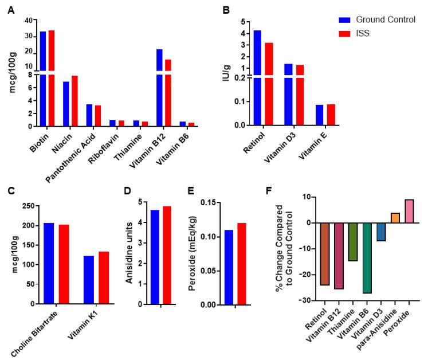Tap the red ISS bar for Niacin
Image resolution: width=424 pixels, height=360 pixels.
pos(74,100)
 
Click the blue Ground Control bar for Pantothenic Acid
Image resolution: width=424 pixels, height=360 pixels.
pos(89,115)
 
